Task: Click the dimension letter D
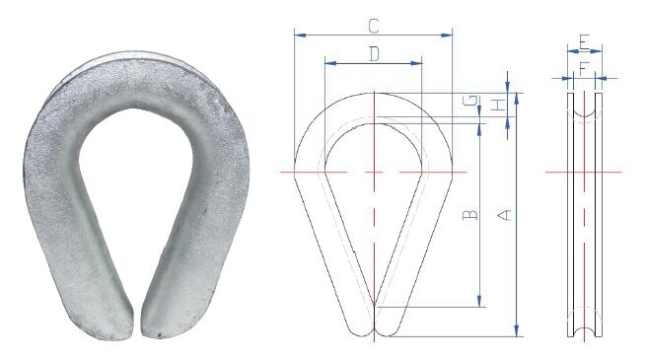pyautogui.click(x=374, y=53)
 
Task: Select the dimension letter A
pyautogui.click(x=505, y=214)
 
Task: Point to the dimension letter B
pyautogui.click(x=470, y=214)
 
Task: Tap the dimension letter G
pyautogui.click(x=472, y=102)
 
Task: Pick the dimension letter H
pyautogui.click(x=499, y=103)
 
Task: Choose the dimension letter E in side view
pyautogui.click(x=584, y=42)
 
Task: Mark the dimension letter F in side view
pyautogui.click(x=584, y=68)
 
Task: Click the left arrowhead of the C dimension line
pyautogui.click(x=298, y=36)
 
